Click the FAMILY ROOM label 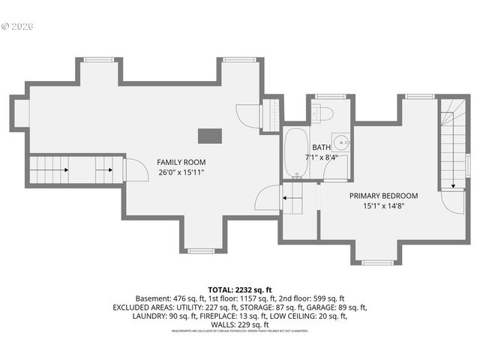tap(181, 162)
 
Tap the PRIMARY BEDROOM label tap(383, 196)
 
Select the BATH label tap(321, 148)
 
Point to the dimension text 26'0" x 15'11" tap(181, 172)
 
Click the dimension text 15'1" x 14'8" tap(383, 206)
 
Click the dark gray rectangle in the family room tap(209, 136)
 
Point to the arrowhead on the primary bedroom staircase tap(453, 185)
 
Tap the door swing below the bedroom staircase tap(452, 201)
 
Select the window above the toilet tap(324, 97)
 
